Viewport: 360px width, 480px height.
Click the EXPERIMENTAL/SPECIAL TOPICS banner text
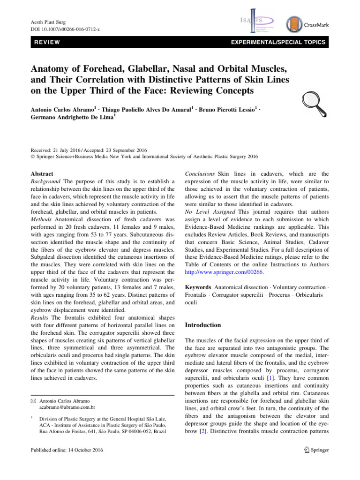coord(275,43)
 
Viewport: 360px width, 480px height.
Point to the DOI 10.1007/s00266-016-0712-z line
coord(65,29)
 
